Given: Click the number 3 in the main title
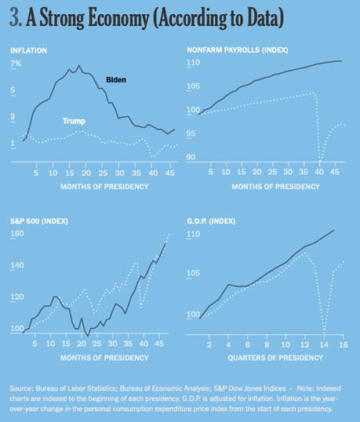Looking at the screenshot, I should [x=15, y=17].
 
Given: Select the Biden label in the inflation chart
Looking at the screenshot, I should [x=115, y=80].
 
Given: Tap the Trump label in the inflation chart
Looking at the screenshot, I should [x=74, y=121].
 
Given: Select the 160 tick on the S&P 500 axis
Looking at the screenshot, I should [x=16, y=235].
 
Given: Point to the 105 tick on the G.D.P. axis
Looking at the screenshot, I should [x=193, y=273].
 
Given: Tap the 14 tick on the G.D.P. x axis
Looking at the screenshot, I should [x=324, y=344].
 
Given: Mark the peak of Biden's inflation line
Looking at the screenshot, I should [x=78, y=66].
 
